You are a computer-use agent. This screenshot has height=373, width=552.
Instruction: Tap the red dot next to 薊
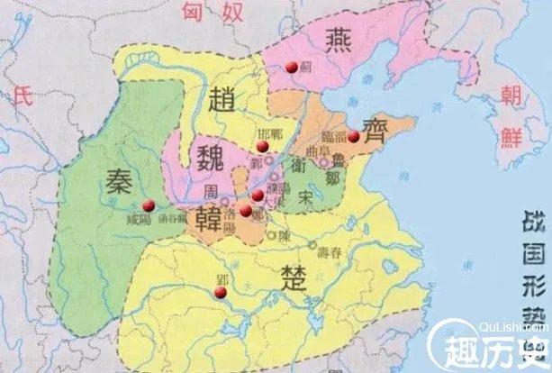(x=291, y=66)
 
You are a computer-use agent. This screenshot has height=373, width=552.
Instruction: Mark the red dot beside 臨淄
(x=354, y=137)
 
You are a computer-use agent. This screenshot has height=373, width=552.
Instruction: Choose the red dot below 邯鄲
(x=261, y=146)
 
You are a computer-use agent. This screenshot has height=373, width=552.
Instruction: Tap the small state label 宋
(x=308, y=192)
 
